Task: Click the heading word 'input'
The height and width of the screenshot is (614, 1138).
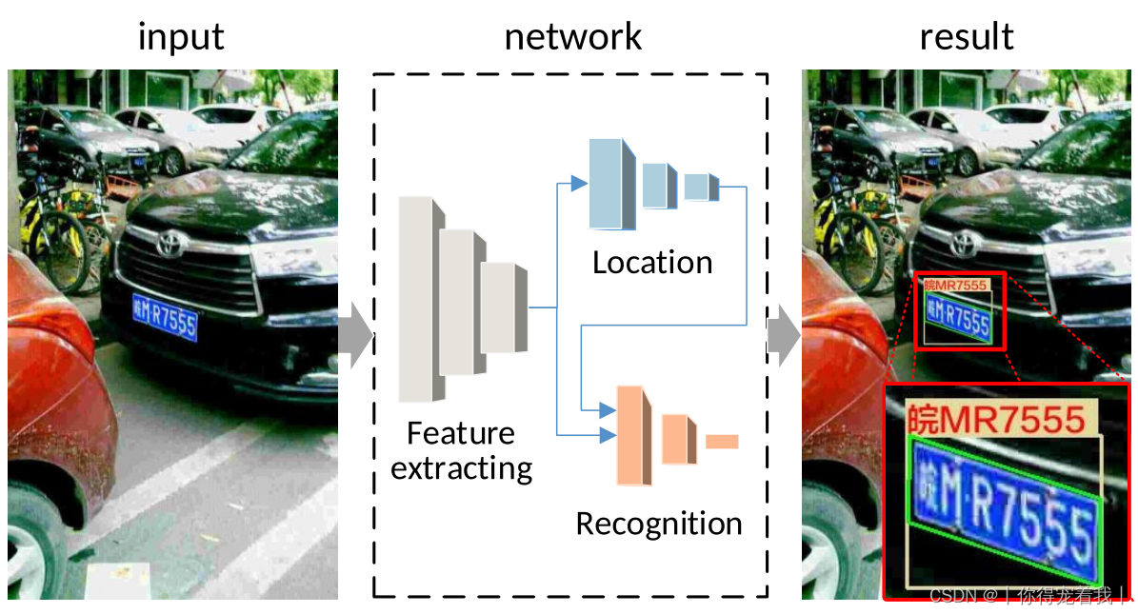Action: tap(181, 37)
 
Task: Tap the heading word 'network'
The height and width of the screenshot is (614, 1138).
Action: tap(572, 37)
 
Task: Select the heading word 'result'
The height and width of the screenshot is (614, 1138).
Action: tap(966, 37)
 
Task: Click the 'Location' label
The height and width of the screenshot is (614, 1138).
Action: tap(652, 263)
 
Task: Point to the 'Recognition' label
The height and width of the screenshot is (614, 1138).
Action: tap(658, 524)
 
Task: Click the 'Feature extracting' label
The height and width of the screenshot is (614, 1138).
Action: tap(461, 450)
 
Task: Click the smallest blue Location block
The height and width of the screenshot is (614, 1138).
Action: tap(697, 187)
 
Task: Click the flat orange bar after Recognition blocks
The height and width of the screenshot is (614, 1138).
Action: tap(722, 441)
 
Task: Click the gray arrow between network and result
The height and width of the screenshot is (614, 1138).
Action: tap(784, 335)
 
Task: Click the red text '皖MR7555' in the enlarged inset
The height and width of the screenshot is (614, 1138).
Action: tap(996, 419)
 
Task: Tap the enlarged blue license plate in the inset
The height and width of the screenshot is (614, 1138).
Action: tap(1005, 511)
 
